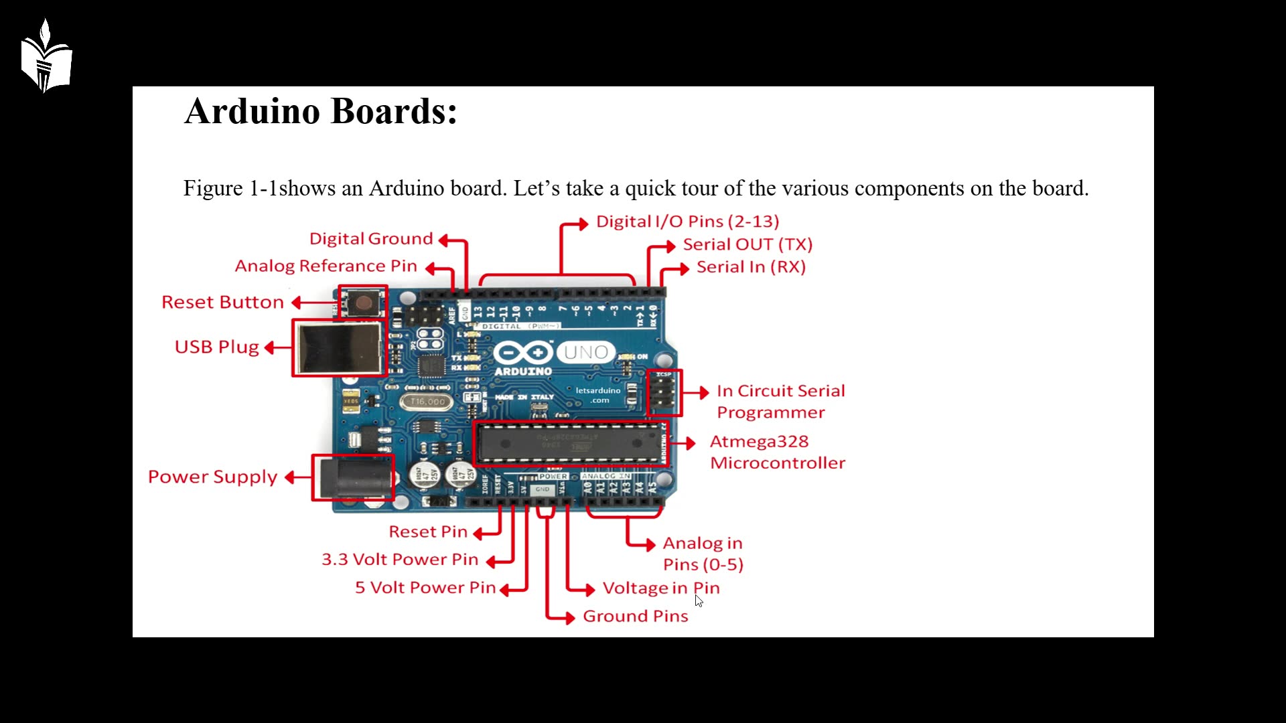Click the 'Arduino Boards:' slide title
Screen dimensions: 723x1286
point(321,111)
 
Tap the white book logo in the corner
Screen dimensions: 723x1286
point(46,57)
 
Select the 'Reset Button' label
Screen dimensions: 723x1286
point(222,303)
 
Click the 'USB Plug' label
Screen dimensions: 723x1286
point(216,347)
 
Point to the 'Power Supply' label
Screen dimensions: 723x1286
point(212,477)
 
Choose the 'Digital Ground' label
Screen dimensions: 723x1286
point(371,239)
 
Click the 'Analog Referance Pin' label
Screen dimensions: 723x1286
point(326,266)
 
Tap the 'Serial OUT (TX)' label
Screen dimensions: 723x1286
point(747,244)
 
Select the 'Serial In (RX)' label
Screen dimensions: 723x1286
point(751,267)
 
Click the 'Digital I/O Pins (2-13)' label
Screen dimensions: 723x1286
point(687,222)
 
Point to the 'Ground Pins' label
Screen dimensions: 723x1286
point(635,616)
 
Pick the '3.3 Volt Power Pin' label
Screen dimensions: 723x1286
point(400,560)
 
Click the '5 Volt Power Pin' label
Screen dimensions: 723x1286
point(425,588)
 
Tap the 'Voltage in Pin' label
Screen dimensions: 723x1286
point(661,588)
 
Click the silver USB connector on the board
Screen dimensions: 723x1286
point(340,348)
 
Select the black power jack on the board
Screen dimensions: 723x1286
point(354,477)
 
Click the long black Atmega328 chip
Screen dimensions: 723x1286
point(569,443)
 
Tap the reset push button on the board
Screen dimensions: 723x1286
point(364,303)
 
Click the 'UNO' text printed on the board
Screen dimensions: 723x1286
point(585,352)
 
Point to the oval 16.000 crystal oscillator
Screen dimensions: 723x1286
point(427,402)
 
